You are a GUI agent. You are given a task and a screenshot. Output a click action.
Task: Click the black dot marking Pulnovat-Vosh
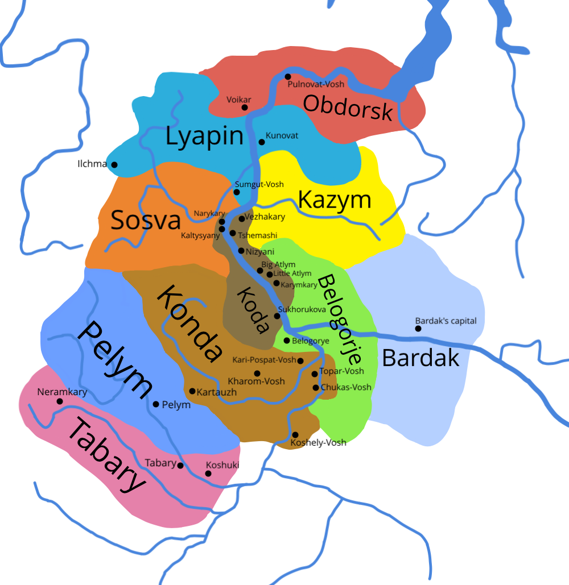tap(288, 77)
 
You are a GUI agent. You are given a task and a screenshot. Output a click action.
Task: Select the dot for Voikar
tap(245, 107)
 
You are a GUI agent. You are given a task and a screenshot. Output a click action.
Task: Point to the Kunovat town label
tap(282, 136)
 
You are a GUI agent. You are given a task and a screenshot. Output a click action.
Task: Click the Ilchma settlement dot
tap(114, 165)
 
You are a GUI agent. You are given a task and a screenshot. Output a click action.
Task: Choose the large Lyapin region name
tap(204, 137)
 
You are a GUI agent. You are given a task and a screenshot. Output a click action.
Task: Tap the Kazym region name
tap(335, 200)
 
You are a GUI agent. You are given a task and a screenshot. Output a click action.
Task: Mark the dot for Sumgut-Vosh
tap(237, 192)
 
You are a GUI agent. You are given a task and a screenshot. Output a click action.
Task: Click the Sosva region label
tap(145, 220)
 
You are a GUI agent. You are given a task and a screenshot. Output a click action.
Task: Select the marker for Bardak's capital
tap(418, 328)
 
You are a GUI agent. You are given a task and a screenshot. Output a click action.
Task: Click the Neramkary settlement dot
tap(59, 401)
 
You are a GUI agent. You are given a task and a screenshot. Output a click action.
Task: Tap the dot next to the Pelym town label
tap(156, 404)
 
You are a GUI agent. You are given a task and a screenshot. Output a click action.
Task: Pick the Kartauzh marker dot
tap(192, 391)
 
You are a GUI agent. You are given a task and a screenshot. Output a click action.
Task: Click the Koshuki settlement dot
tap(208, 474)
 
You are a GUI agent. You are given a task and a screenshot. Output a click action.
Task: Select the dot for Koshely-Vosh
tap(295, 435)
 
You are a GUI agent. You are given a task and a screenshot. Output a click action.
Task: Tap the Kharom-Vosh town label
tap(256, 381)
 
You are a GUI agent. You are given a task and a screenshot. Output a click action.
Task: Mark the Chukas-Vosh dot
tap(316, 388)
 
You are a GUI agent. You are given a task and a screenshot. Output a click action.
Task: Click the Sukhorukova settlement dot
tap(277, 316)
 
